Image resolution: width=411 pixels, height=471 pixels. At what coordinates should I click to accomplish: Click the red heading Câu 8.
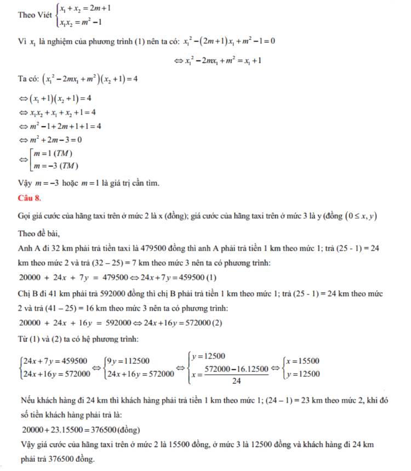click(x=28, y=196)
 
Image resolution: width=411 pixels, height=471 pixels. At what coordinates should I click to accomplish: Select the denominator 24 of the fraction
click(x=236, y=381)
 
